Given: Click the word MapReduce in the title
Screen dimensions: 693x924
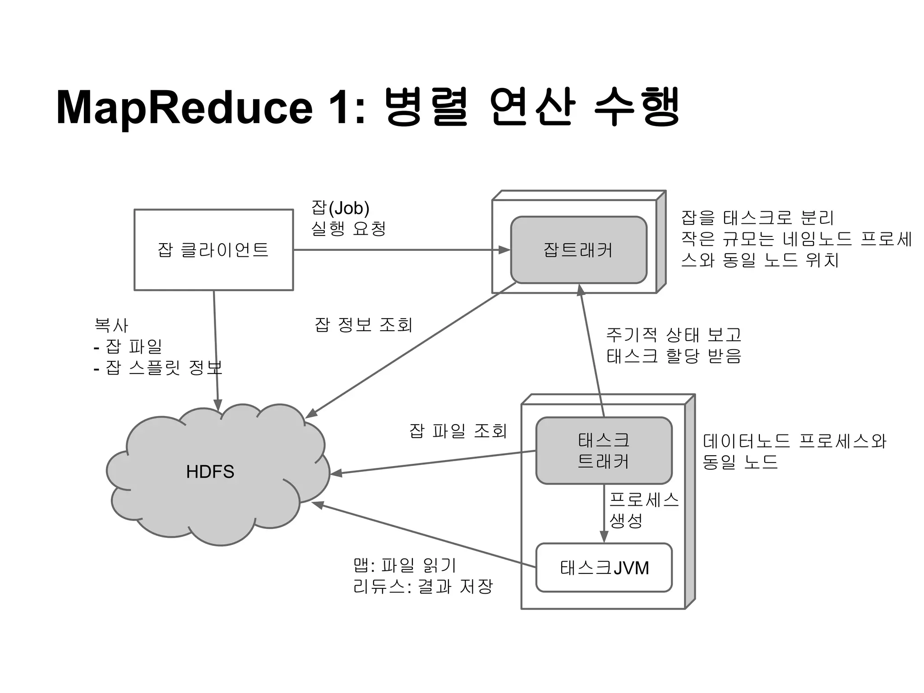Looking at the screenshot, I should tap(184, 107).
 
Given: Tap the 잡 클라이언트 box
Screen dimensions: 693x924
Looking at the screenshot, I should tap(213, 249).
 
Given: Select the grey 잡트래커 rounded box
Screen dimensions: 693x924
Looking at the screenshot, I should tap(578, 249).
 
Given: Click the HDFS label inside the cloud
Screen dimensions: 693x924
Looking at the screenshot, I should tap(210, 472).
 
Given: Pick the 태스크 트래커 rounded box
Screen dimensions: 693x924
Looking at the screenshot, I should tap(604, 450).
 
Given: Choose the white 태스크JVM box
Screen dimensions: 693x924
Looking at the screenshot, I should tap(604, 568).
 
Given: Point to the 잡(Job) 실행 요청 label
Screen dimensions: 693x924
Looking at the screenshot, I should tap(348, 218).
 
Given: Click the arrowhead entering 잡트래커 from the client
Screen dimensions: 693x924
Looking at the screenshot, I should tap(504, 249).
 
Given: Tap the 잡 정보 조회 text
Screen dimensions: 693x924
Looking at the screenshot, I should tap(363, 325).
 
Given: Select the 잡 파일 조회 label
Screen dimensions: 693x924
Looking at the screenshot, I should tap(458, 431).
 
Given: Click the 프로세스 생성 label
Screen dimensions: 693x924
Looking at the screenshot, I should tap(643, 510).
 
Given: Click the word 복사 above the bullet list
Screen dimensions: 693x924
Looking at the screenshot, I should tap(111, 325).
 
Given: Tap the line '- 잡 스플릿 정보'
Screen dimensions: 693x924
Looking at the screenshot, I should tap(158, 368).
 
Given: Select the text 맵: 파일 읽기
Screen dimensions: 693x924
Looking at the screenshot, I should tap(405, 565).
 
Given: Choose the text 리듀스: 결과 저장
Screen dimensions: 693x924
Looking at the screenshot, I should tap(423, 586).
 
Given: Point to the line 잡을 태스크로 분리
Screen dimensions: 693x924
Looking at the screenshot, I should tap(758, 218).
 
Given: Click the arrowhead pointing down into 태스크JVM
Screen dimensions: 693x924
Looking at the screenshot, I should tap(604, 537).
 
